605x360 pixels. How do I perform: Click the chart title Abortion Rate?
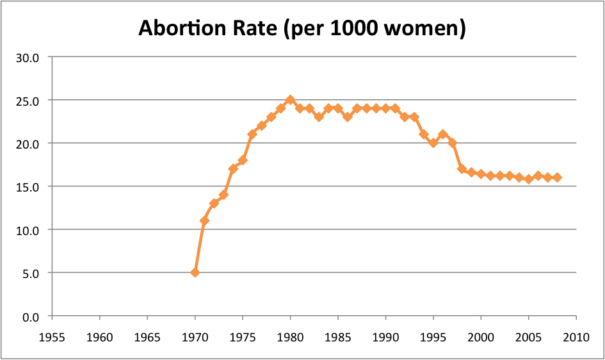point(302,28)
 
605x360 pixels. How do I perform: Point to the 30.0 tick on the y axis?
point(28,57)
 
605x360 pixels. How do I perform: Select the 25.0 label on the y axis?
point(28,101)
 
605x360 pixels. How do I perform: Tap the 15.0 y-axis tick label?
point(28,186)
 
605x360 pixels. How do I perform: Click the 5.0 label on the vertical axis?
point(30,273)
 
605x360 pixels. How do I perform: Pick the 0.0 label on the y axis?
point(30,316)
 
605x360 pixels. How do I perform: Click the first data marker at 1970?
point(195,272)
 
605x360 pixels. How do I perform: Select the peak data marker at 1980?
point(290,100)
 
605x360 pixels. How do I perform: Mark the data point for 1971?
point(204,220)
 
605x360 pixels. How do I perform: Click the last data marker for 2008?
point(557,177)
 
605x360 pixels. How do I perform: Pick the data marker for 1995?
point(433,143)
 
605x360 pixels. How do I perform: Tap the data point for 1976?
point(252,135)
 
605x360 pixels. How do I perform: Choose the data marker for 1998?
point(462,168)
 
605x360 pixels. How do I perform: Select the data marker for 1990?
point(385,108)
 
